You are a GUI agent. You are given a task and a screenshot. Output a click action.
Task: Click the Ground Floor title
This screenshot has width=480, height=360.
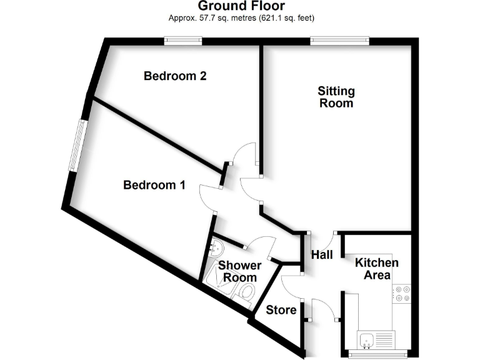click(x=241, y=6)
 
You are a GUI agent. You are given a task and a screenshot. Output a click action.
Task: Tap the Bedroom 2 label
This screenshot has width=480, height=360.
click(x=175, y=76)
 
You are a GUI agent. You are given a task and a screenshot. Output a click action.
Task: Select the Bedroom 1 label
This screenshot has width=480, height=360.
click(x=154, y=185)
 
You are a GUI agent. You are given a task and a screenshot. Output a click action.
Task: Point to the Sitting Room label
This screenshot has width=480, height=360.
click(x=336, y=97)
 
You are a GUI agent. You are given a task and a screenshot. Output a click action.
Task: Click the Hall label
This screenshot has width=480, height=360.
click(x=322, y=255)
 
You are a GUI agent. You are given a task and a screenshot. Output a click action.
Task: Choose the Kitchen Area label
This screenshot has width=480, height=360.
click(x=377, y=269)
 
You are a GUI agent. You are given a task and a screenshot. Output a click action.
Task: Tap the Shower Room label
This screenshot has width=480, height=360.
click(x=240, y=272)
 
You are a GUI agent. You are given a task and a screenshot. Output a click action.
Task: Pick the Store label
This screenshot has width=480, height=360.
click(x=281, y=310)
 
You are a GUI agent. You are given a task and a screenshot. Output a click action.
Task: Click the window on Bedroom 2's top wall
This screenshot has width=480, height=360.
click(x=183, y=41)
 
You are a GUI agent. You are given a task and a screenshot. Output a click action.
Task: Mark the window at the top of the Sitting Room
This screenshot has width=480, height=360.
click(x=339, y=41)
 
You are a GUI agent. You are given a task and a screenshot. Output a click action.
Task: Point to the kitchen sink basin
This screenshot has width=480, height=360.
click(x=367, y=340)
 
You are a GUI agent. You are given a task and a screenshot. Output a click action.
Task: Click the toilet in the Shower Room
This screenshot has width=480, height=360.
click(x=246, y=291)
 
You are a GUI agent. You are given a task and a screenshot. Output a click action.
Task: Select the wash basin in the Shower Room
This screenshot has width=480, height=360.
click(x=216, y=247)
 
